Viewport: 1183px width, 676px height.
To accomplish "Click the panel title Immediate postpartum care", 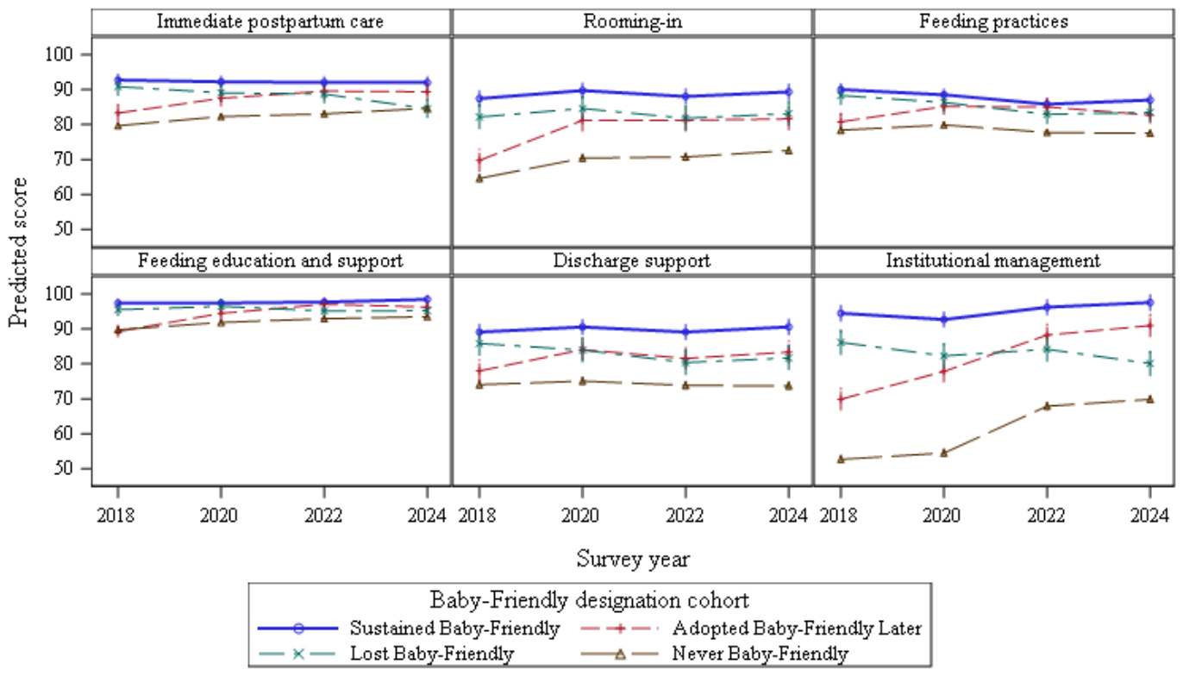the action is pos(270,22).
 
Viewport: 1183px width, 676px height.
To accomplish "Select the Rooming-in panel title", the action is pos(632,22).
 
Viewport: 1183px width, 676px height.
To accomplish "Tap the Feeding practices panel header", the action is pos(993,22).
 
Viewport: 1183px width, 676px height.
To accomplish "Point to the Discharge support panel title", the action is pos(632,261).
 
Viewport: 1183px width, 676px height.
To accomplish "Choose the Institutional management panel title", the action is pos(993,261).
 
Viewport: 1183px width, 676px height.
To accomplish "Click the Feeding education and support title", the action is pos(271,261).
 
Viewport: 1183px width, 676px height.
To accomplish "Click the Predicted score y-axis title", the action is pos(18,253).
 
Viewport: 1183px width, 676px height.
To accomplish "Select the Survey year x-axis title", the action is pos(633,559).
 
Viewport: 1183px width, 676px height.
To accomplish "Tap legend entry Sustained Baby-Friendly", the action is pos(454,629).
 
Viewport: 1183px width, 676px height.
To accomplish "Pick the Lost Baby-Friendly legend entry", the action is pos(432,654).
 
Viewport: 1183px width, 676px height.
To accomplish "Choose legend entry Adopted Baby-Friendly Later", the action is pos(797,629).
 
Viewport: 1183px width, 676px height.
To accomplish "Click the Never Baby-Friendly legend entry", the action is pos(760,654).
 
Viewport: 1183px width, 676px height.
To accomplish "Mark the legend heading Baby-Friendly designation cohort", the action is pos(590,600).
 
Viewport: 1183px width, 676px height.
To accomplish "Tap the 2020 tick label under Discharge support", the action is pos(580,516).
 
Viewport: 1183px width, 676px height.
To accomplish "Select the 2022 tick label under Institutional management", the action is pos(1046,516).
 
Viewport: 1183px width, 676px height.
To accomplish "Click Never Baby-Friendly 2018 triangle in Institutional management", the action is pos(840,459).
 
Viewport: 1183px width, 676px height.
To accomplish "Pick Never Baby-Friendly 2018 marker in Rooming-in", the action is pos(479,178).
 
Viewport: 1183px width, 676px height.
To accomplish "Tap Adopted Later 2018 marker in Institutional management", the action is pos(840,399).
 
